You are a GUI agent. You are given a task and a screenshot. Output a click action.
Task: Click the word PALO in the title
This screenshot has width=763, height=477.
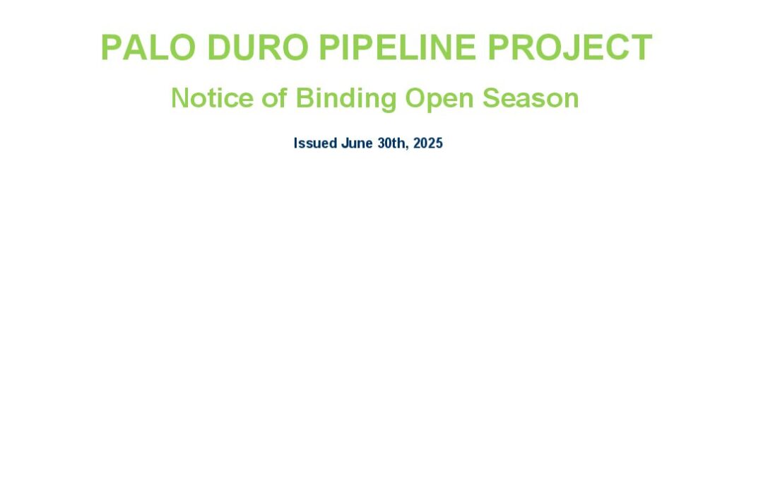[x=148, y=47]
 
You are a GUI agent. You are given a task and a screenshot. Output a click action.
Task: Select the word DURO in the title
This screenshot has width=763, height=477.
[x=258, y=47]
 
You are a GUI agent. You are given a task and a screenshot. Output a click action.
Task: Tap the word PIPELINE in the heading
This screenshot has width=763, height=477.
[x=398, y=47]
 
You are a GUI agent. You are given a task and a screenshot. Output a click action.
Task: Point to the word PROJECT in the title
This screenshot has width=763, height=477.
[x=570, y=47]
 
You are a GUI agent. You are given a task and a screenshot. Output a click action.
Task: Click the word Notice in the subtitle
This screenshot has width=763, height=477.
[x=212, y=98]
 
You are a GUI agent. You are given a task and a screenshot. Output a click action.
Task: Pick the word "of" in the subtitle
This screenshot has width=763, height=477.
[x=274, y=98]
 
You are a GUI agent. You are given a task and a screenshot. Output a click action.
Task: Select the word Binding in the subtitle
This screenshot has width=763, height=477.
[x=346, y=100]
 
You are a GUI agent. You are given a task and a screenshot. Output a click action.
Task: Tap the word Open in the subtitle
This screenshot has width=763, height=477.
[x=439, y=100]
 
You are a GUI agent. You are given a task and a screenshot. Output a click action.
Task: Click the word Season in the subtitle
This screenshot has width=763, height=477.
[x=531, y=98]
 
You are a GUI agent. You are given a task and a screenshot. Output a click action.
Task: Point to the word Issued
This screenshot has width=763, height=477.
[x=315, y=143]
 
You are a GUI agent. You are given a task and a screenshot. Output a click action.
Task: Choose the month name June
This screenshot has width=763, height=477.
[x=357, y=143]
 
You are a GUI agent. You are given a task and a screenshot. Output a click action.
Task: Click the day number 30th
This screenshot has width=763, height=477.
[x=391, y=143]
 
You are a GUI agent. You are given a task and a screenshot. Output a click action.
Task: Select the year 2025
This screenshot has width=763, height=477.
[x=428, y=143]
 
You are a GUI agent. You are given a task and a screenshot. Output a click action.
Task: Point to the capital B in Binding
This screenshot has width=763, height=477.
[x=304, y=98]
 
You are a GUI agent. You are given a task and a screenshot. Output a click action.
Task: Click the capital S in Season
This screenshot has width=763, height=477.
[x=492, y=98]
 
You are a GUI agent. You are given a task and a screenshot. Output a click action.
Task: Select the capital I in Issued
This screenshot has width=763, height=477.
[x=295, y=143]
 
